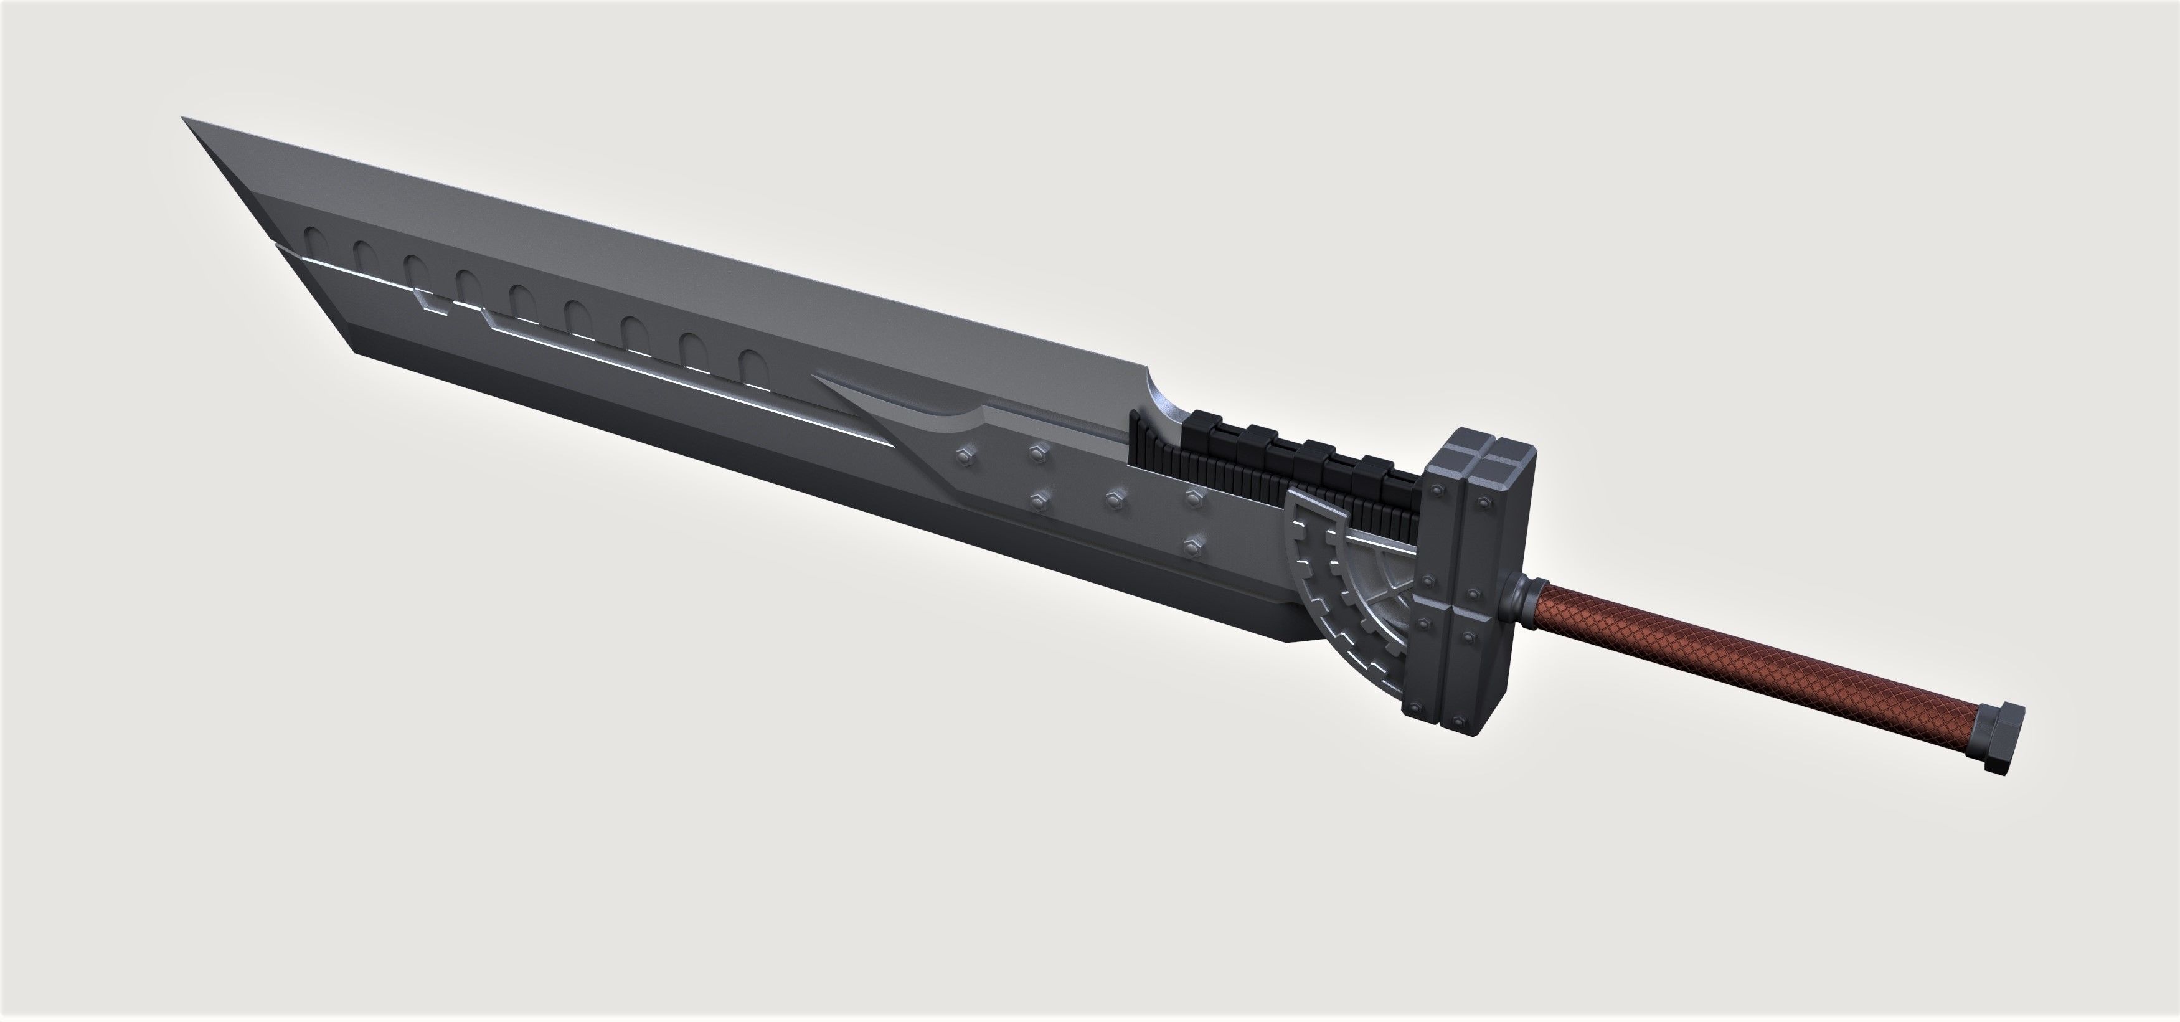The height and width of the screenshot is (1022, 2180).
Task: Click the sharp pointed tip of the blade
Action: tap(186, 120)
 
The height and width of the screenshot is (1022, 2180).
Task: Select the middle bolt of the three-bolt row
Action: tap(1115, 499)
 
